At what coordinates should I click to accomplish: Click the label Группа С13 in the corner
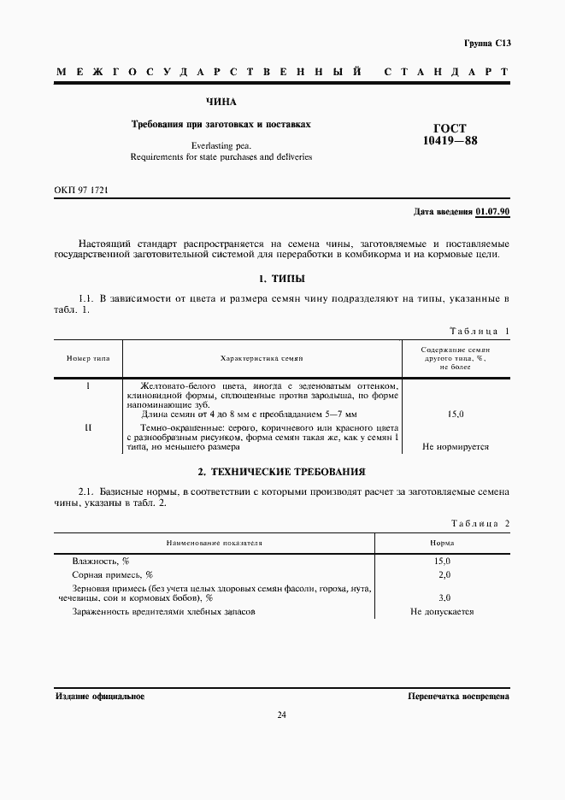[486, 43]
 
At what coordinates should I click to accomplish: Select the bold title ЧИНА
[221, 102]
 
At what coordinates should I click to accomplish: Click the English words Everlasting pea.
[221, 145]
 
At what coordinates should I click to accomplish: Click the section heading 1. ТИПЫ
[281, 279]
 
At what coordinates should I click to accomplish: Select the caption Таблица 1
[480, 331]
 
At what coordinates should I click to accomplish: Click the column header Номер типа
[89, 358]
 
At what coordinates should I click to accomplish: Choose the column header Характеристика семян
[262, 358]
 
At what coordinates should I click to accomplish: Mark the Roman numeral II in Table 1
[89, 426]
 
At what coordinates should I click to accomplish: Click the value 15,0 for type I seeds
[456, 415]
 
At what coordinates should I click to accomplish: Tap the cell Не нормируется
[456, 447]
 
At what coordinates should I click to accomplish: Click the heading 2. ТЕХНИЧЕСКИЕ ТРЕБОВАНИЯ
[281, 471]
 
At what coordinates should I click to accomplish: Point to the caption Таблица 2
[480, 523]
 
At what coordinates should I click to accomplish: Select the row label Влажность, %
[101, 561]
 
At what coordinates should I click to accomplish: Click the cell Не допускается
[442, 612]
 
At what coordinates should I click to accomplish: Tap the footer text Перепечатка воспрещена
[459, 697]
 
